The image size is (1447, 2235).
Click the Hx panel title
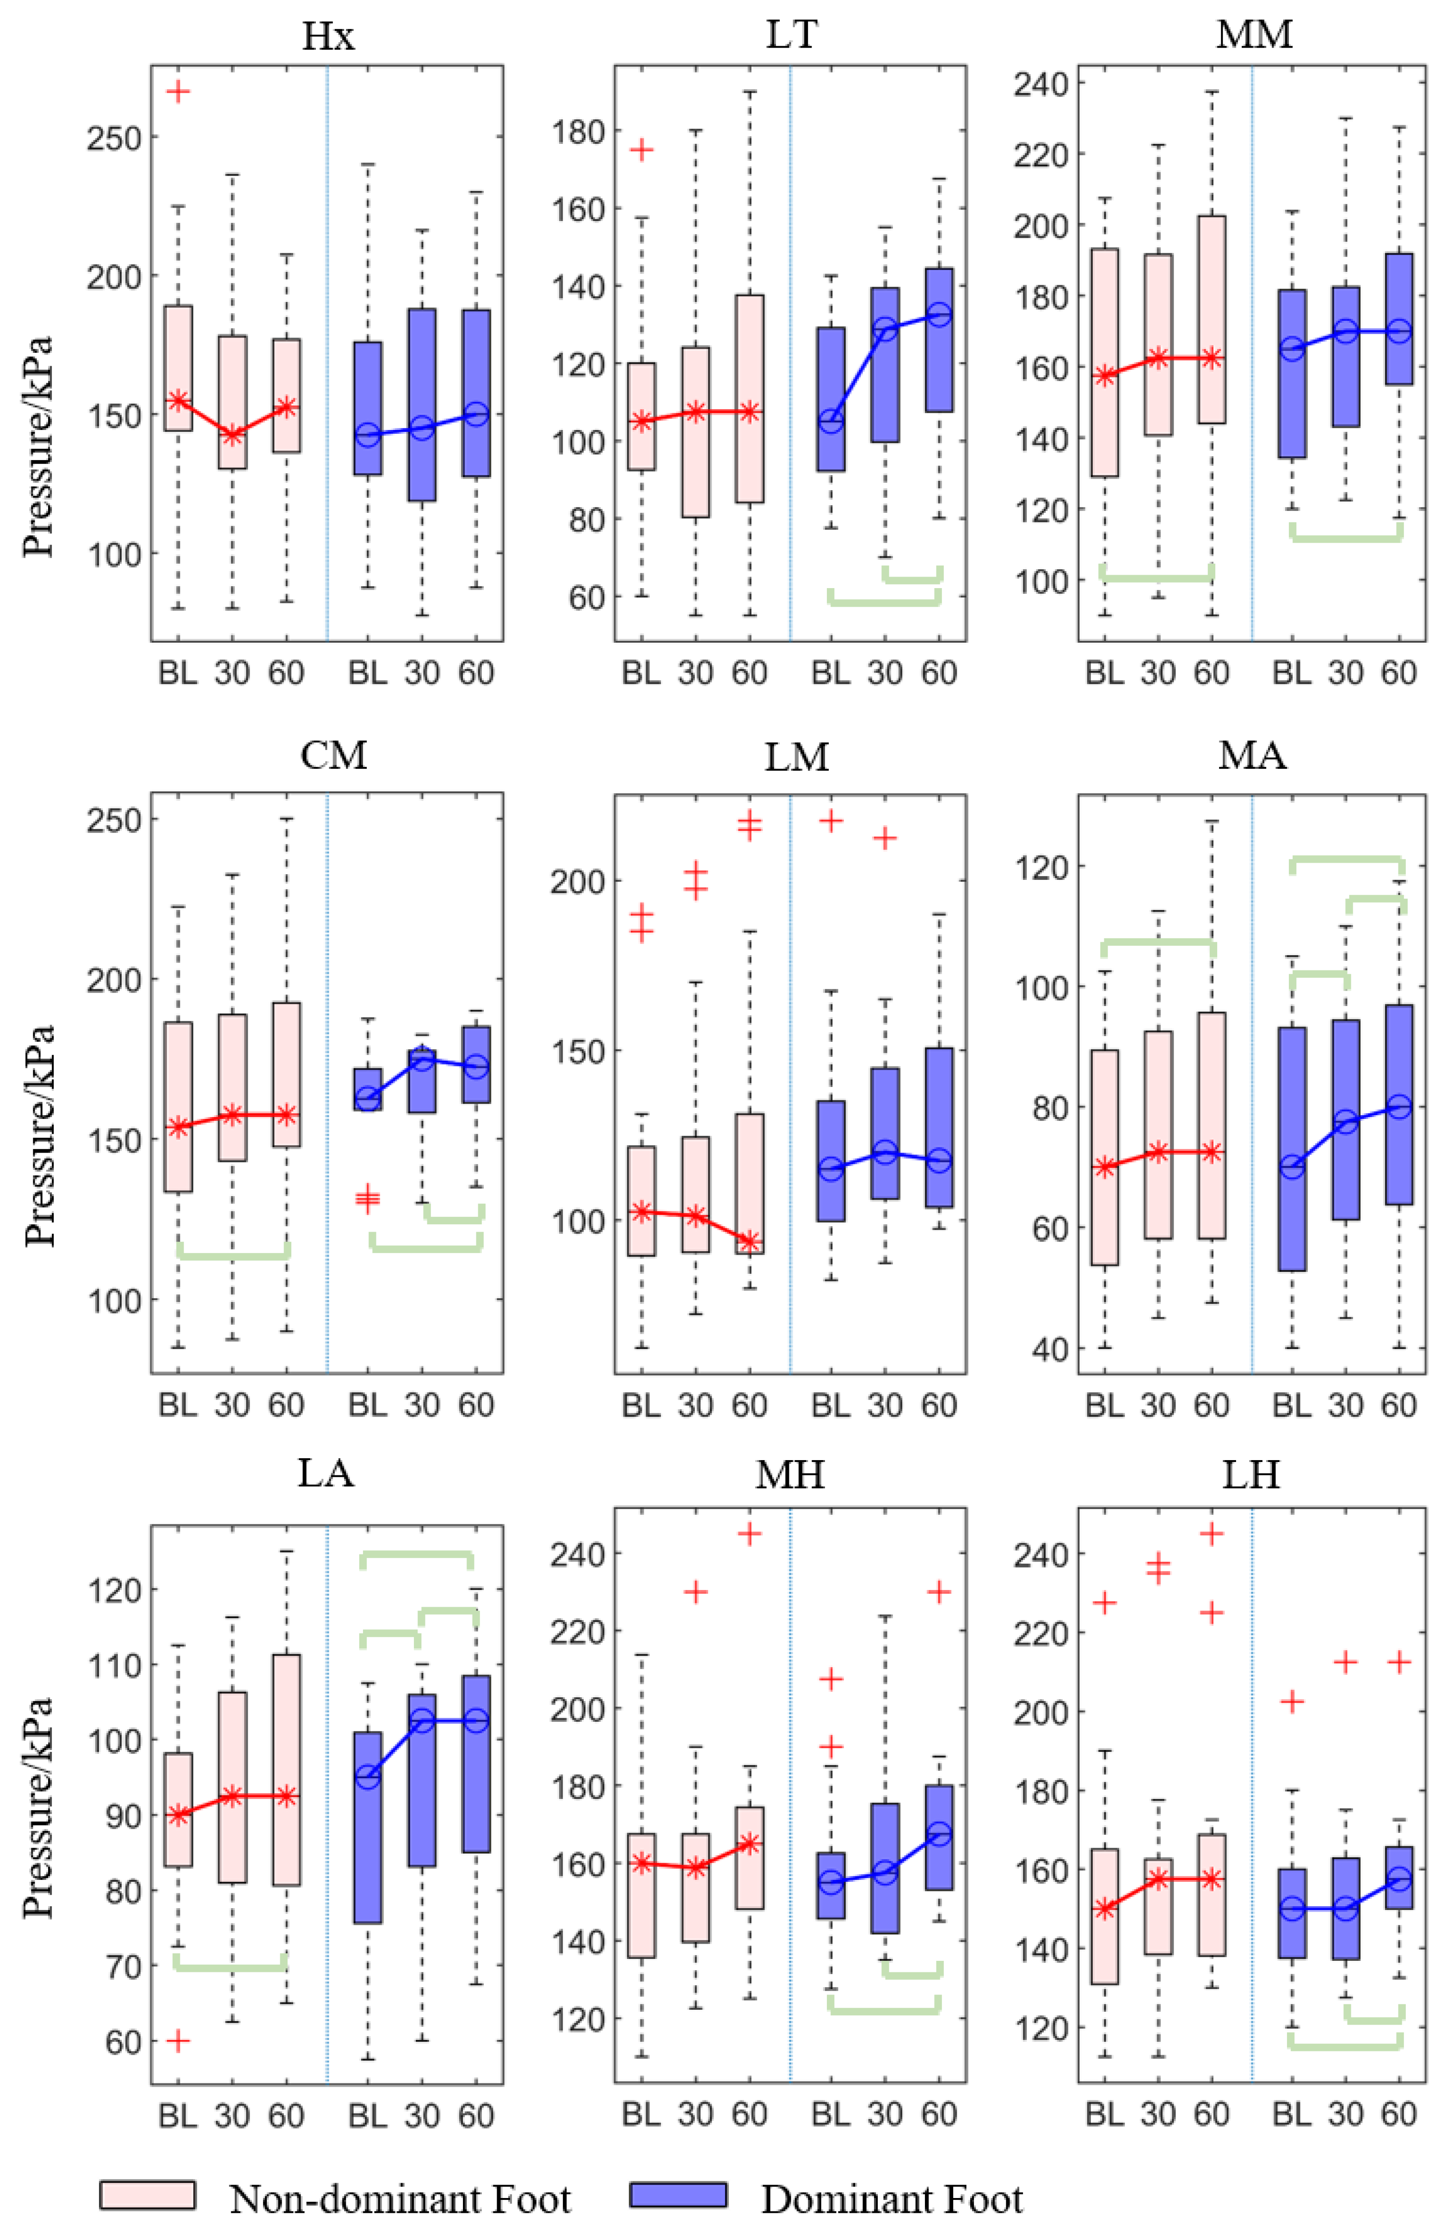pyautogui.click(x=328, y=37)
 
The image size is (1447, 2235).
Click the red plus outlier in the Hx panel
pyautogui.click(x=178, y=91)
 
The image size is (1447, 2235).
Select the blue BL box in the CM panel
pyautogui.click(x=367, y=1089)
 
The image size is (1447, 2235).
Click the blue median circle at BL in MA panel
pyautogui.click(x=1292, y=1167)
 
